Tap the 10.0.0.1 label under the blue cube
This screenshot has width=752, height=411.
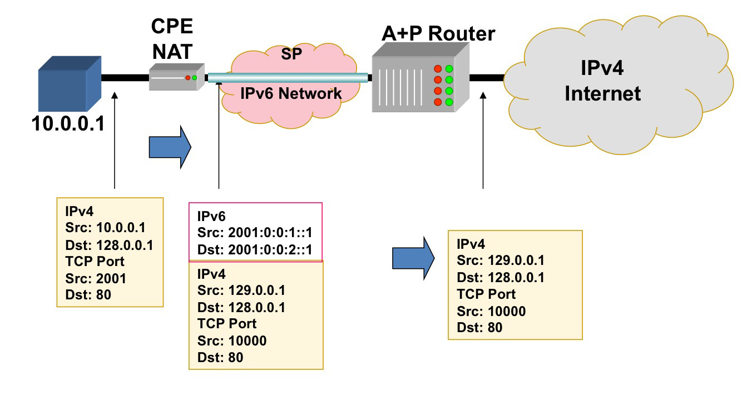(68, 123)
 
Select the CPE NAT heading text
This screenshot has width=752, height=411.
(172, 39)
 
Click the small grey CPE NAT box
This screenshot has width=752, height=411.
(173, 77)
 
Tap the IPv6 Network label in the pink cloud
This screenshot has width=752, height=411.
(291, 93)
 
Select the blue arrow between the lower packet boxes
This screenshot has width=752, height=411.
(413, 258)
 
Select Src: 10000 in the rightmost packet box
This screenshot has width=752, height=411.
(491, 311)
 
